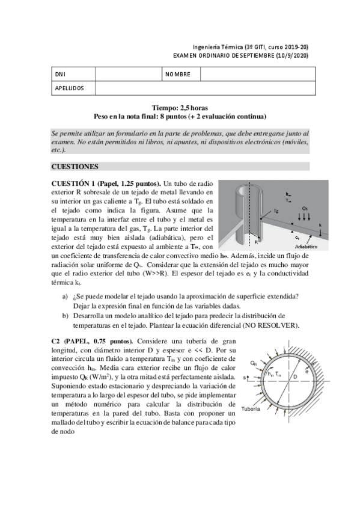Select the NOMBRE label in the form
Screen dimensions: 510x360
coord(177,74)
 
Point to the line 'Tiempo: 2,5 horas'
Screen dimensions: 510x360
coord(180,108)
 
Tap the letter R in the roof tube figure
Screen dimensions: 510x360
coord(256,242)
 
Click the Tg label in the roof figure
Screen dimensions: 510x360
coord(276,212)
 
